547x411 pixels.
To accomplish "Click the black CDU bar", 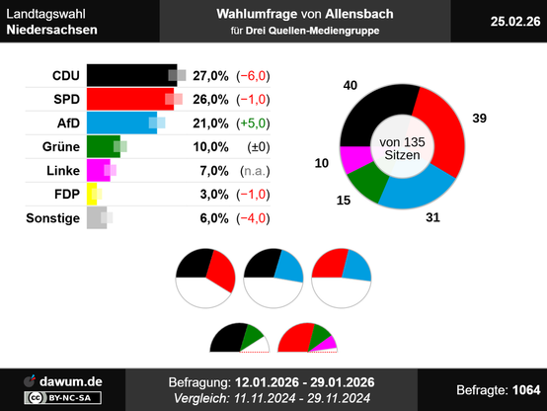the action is coord(132,75).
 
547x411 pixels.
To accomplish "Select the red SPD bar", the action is coord(130,99).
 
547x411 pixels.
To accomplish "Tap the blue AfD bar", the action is coord(121,123).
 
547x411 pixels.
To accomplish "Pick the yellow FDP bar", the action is coord(92,195).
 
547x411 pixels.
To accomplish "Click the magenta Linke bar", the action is coord(99,170).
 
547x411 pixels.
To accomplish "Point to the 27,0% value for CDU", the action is coord(210,76).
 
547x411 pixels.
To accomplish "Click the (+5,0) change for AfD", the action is coord(254,123).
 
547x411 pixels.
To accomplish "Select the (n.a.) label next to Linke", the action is coord(255,171).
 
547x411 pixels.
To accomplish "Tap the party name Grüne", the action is coord(61,146).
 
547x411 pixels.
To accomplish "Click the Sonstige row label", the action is coord(53,218).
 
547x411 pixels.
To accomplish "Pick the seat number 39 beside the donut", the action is coord(479,118).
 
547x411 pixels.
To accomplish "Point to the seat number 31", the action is coord(432,217).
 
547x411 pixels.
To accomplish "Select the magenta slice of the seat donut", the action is coord(355,158).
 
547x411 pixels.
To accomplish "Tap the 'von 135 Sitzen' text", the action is coord(402,148).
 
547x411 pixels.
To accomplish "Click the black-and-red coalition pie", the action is coord(205,279).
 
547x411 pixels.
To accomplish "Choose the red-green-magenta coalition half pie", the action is coord(307,338).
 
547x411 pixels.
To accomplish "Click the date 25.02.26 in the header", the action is coord(515,22).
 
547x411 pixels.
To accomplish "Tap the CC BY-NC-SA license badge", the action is coord(63,398).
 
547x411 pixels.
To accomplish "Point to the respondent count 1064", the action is coord(526,389).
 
